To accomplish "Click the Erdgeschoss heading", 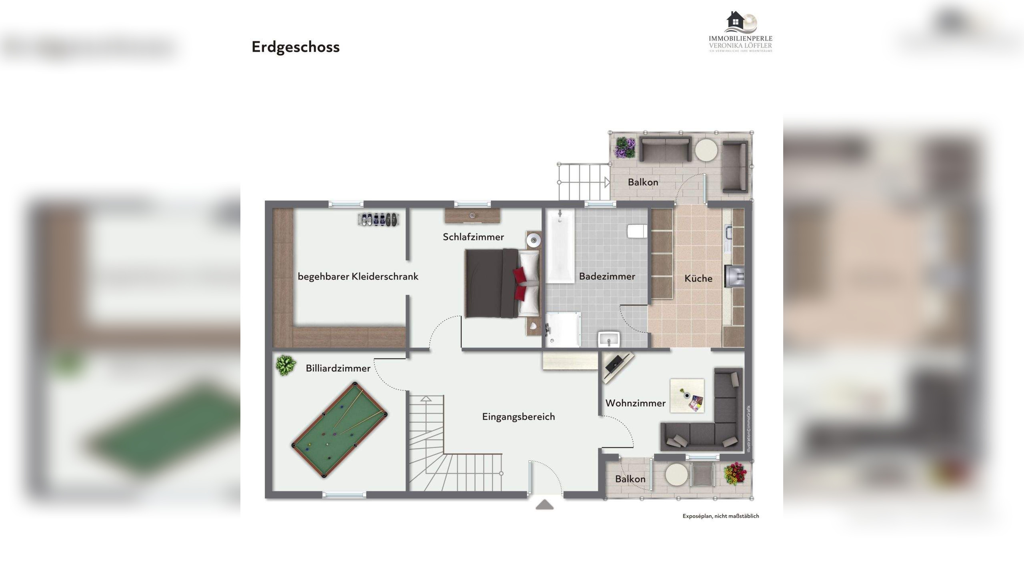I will [295, 47].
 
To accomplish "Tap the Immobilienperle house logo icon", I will [740, 22].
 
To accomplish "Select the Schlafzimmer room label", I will [473, 237].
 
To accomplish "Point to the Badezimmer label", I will [607, 276].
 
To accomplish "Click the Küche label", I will [698, 278].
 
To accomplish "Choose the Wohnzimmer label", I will [635, 403].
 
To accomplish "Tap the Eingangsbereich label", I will [518, 417].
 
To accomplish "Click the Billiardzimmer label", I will [338, 368].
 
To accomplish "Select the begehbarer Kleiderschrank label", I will [358, 276].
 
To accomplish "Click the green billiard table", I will [339, 430].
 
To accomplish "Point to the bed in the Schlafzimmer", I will [500, 283].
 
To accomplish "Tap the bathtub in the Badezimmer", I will [560, 246].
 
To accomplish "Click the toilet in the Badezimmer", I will [637, 231].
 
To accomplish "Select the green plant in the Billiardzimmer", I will [286, 365].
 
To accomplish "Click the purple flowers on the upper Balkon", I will [625, 147].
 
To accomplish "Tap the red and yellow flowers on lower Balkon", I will [735, 474].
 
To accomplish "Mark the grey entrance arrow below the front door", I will [544, 505].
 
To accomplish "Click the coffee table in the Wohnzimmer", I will [687, 396].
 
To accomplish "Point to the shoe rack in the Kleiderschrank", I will [378, 219].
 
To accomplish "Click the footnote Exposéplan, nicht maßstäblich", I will [720, 516].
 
